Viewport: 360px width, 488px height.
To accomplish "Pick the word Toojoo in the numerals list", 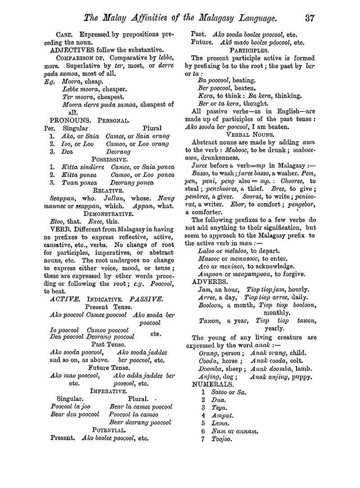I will click(x=222, y=439).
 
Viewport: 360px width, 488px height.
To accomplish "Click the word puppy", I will click(x=301, y=376).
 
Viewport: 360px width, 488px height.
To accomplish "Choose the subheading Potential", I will click(x=108, y=429).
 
